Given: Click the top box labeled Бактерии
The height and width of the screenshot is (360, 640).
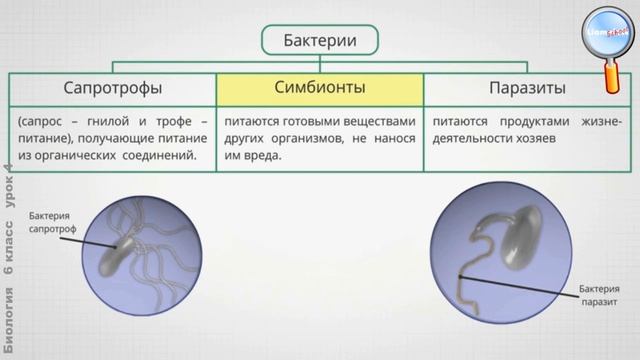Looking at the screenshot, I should (321, 40).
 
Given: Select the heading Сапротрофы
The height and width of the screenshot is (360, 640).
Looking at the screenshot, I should (113, 88).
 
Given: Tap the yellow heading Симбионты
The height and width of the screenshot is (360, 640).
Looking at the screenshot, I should (320, 88).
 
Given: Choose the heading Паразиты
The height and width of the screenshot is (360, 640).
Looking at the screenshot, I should (532, 88).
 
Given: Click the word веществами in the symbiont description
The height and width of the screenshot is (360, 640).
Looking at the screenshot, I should (377, 121).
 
